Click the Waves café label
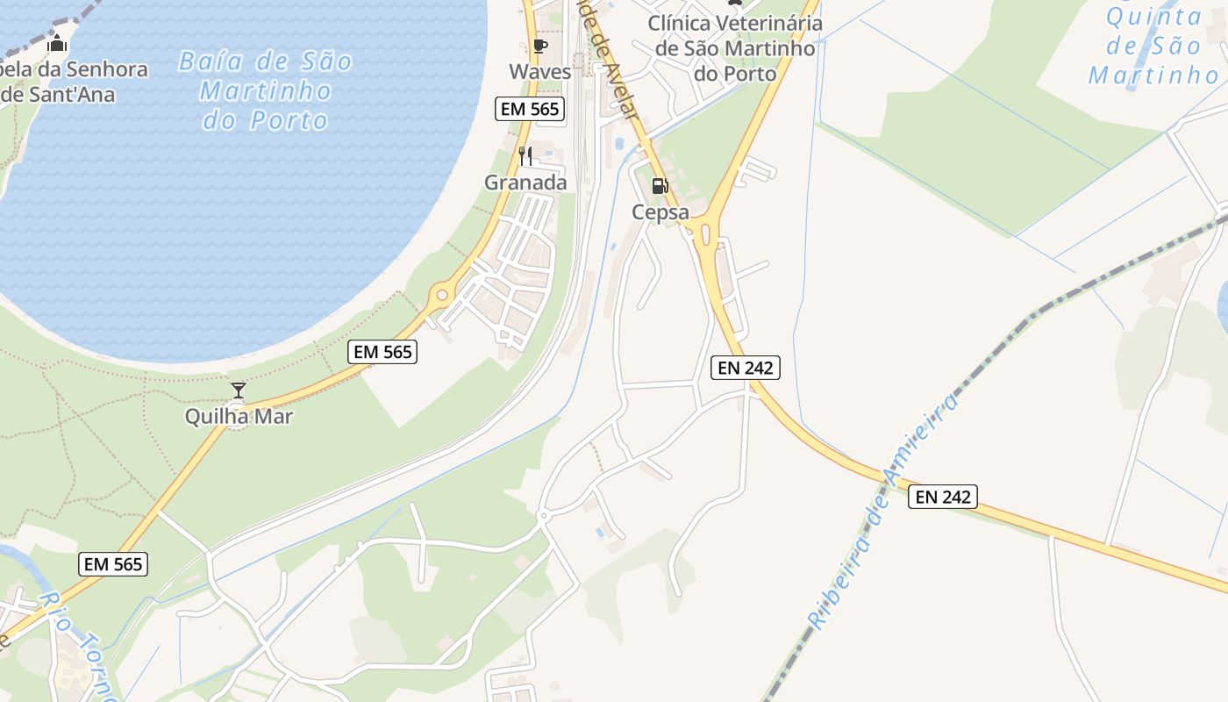pyautogui.click(x=539, y=71)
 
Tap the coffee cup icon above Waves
pyautogui.click(x=539, y=46)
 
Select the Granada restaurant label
pyautogui.click(x=525, y=183)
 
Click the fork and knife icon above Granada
pyautogui.click(x=525, y=156)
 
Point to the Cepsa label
pyautogui.click(x=660, y=212)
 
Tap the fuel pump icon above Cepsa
pyautogui.click(x=660, y=186)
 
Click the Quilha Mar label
pyautogui.click(x=239, y=416)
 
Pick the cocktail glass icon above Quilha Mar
pyautogui.click(x=238, y=390)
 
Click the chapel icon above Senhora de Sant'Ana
pyautogui.click(x=58, y=42)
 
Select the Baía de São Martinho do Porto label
pyautogui.click(x=266, y=90)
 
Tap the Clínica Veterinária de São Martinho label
pyautogui.click(x=735, y=48)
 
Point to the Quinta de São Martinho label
pyautogui.click(x=1154, y=46)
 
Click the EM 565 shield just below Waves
pyautogui.click(x=530, y=109)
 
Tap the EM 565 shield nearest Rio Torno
pyautogui.click(x=114, y=564)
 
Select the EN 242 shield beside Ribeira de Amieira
pyautogui.click(x=942, y=497)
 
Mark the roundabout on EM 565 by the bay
pyautogui.click(x=441, y=296)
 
